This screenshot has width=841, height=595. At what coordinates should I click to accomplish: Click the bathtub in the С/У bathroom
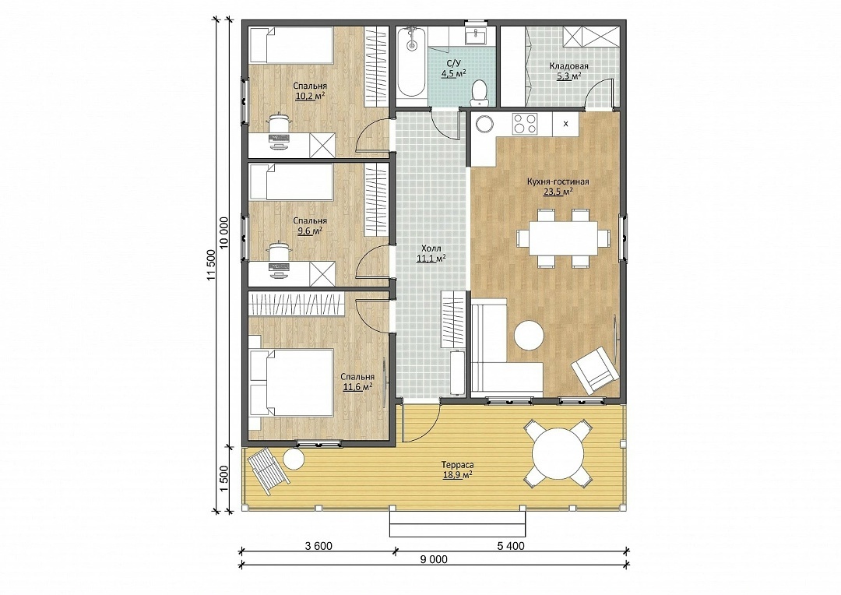[x=412, y=62]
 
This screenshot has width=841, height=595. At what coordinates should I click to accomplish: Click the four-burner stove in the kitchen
[x=525, y=124]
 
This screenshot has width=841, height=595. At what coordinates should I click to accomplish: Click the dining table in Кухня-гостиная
[x=563, y=238]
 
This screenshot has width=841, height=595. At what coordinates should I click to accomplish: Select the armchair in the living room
[x=596, y=370]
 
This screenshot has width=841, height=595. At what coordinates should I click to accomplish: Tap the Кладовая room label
[x=568, y=66]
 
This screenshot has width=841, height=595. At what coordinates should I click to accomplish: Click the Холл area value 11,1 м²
[x=431, y=259]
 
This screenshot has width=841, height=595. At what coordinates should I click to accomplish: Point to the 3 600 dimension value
[x=318, y=546]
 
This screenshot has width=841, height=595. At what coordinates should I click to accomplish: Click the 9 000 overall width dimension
[x=434, y=560]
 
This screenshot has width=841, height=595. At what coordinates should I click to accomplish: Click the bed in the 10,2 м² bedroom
[x=292, y=45]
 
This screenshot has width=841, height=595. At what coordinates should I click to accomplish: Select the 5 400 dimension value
[x=511, y=546]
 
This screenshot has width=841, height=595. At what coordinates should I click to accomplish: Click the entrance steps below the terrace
[x=458, y=523]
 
